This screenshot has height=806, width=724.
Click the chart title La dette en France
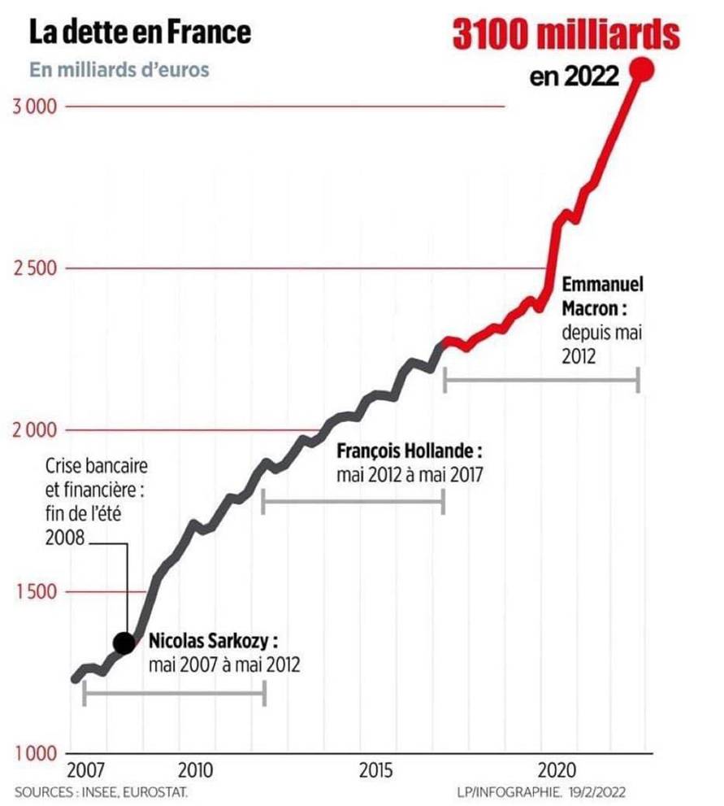[140, 33]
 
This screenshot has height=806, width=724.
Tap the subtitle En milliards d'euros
[119, 69]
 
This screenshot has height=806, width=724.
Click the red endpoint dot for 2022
[642, 70]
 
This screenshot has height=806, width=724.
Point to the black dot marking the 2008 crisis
[124, 643]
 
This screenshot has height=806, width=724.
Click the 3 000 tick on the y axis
[34, 107]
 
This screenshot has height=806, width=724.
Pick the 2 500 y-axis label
[34, 268]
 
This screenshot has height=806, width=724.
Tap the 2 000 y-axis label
[34, 429]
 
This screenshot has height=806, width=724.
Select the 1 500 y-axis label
[34, 591]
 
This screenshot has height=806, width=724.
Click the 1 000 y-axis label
[34, 752]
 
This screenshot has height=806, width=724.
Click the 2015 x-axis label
[376, 770]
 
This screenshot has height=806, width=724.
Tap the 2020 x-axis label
[557, 770]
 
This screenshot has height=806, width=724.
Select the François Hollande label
[410, 450]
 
